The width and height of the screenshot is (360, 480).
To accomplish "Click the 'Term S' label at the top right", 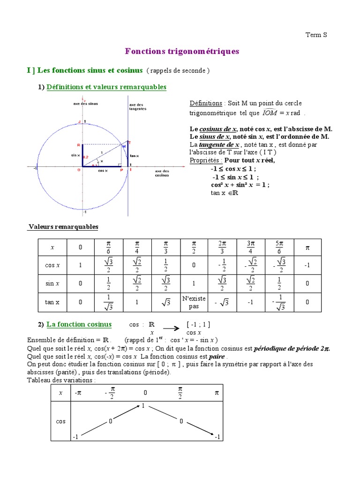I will [316, 35].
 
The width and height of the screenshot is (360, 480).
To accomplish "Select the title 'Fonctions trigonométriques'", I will [182, 52].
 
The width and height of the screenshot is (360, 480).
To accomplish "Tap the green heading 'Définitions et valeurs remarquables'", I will [106, 87].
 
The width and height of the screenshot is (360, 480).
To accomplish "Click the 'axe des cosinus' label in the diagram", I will [162, 173].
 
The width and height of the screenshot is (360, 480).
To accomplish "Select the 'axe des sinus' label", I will [85, 103].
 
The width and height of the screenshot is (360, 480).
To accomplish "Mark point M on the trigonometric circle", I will [124, 146].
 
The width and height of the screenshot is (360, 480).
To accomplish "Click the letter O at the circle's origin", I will [79, 170].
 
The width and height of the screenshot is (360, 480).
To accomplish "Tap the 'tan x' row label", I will [52, 302].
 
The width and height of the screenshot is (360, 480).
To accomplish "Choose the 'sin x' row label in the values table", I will [52, 284].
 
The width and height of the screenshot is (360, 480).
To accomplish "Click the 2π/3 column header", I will [222, 247].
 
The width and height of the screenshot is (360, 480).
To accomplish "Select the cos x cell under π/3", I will [165, 265].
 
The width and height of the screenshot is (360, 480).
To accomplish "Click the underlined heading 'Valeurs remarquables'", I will [63, 227].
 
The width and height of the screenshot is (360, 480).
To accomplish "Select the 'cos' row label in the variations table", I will [60, 421].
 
